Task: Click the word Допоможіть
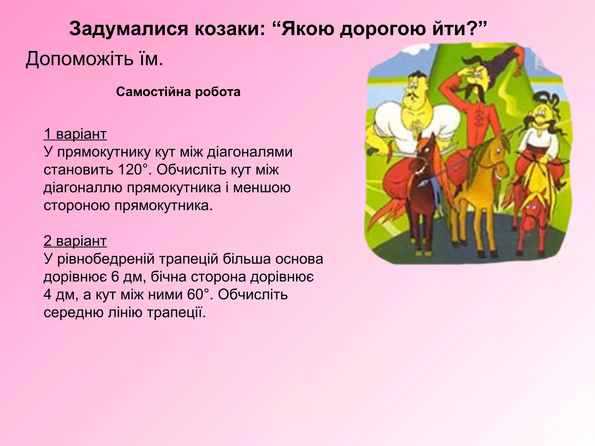(x=79, y=59)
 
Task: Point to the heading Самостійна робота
(x=178, y=92)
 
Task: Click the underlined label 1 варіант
(x=75, y=134)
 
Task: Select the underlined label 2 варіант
(x=75, y=241)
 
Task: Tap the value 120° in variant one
(x=133, y=170)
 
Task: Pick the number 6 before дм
(x=115, y=277)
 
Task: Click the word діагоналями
(x=249, y=152)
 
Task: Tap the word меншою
(x=261, y=188)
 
